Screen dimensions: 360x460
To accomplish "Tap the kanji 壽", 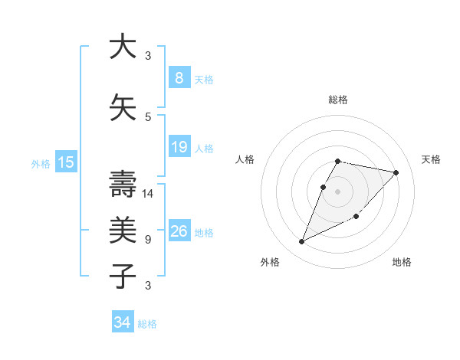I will click(122, 184).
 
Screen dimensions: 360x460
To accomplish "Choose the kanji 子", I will click(122, 275).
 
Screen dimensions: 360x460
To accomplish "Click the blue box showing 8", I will click(179, 77).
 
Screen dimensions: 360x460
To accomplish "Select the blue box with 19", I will click(179, 147).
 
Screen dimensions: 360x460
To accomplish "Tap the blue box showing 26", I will click(179, 231).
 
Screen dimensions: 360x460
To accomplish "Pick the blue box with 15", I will click(65, 162).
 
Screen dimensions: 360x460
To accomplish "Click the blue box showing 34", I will click(122, 322).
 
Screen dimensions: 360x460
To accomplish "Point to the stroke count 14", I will click(148, 193).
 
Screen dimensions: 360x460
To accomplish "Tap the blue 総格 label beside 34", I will click(147, 324).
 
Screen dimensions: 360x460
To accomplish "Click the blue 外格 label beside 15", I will click(41, 163).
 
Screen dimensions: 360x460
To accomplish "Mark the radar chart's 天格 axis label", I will click(431, 159).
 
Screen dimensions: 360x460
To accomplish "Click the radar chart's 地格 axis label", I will click(402, 262).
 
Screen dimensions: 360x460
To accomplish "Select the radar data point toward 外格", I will click(301, 242).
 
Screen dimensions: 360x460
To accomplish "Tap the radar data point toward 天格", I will click(396, 172).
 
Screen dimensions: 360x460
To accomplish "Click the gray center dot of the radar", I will click(337, 191).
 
